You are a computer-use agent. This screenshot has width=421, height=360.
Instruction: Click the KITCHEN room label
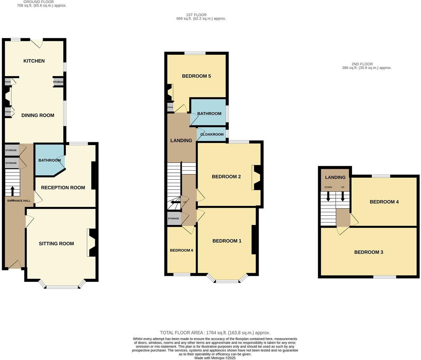click(34, 61)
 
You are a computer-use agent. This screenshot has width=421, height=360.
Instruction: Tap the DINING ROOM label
click(38, 115)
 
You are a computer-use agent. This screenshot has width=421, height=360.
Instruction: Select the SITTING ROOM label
click(56, 244)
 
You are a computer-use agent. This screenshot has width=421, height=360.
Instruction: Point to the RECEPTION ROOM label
click(63, 188)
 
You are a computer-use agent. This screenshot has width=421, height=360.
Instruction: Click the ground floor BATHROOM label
click(50, 160)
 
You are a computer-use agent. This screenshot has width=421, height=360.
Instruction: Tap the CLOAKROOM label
click(212, 134)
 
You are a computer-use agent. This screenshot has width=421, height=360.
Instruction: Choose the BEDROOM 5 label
click(196, 76)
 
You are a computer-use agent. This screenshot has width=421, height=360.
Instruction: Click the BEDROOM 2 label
click(226, 177)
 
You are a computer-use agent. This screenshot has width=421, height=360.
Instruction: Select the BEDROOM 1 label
click(227, 241)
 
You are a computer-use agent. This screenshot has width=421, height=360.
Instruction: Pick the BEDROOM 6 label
click(181, 250)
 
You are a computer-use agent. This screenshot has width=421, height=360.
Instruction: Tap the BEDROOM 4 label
click(384, 202)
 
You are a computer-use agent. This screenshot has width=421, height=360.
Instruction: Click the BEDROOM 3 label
click(368, 252)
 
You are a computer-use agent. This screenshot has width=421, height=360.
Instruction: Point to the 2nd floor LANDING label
click(335, 177)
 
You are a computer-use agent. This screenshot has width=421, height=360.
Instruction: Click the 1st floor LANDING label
click(181, 141)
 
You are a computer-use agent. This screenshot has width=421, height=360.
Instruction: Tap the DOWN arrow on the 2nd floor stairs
click(328, 197)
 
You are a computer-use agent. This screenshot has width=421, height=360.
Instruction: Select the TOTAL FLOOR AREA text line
click(215, 333)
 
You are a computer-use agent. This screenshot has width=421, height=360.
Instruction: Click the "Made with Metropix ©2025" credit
click(215, 358)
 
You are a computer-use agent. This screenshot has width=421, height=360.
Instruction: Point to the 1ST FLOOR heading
click(196, 15)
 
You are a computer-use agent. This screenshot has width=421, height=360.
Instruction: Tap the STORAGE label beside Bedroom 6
click(173, 218)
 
